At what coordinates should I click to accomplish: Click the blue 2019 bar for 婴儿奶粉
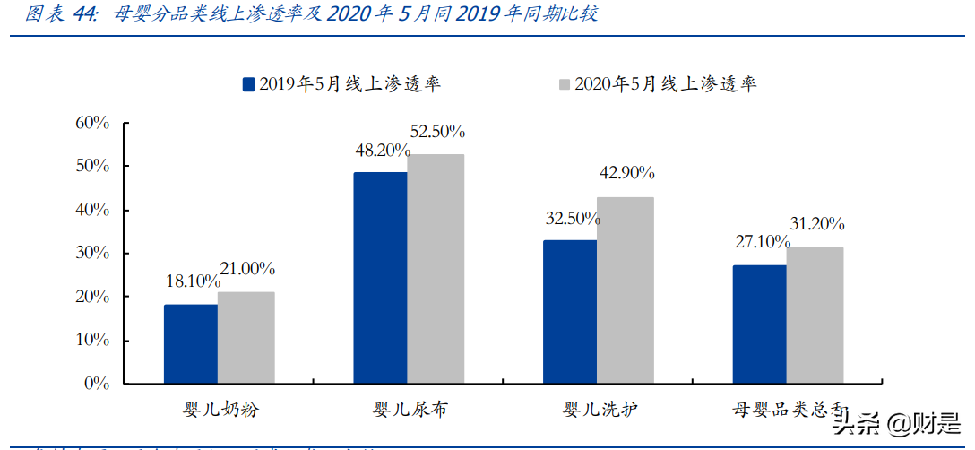coord(190,344)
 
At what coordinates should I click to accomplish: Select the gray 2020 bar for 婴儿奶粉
coord(246,338)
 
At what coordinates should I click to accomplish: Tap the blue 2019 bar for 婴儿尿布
coord(380,278)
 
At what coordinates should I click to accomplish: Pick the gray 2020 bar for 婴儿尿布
coord(436,269)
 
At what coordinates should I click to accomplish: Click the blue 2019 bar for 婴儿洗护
coord(570,312)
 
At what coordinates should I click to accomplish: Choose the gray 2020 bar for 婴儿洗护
coord(626,290)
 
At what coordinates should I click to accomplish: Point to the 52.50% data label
coord(437,132)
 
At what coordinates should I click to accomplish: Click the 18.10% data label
coord(192,281)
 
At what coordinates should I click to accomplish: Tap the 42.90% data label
coord(627,173)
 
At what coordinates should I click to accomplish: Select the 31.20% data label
coord(816,224)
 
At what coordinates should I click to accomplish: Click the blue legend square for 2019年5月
coord(249,84)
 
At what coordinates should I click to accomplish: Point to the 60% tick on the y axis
coord(91,123)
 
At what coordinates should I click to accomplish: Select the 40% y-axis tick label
coord(91,210)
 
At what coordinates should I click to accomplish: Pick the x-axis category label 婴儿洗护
coord(600,411)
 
